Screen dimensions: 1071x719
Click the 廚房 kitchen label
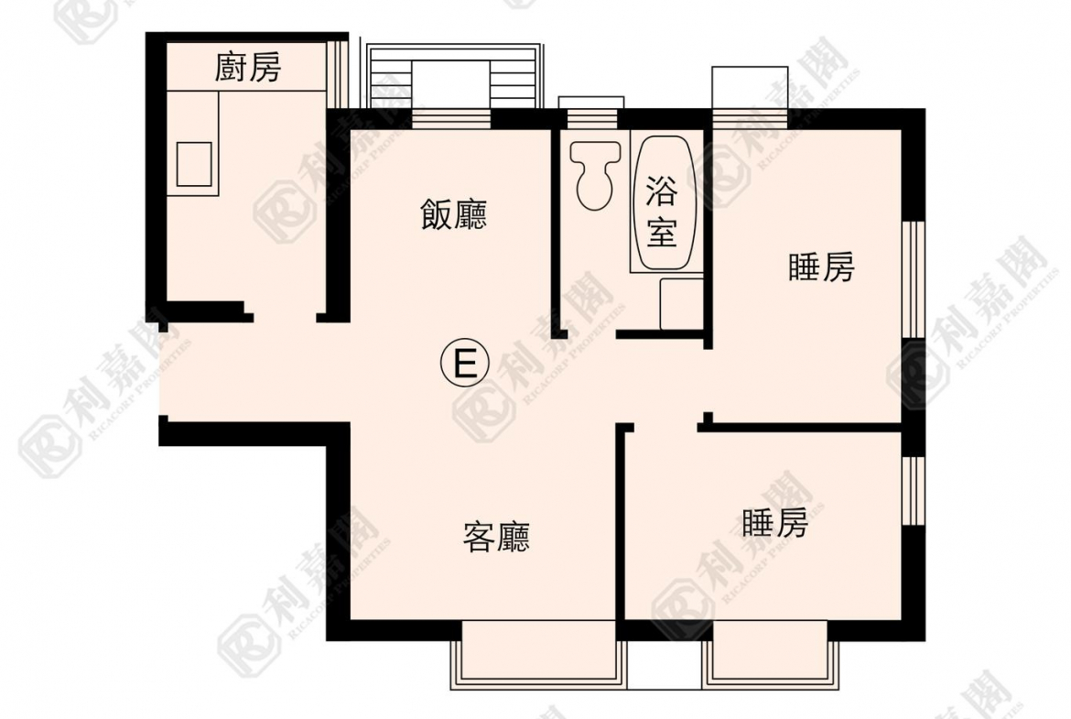tap(248, 68)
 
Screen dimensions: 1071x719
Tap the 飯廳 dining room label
tap(453, 214)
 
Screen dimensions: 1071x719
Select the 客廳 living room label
tap(496, 537)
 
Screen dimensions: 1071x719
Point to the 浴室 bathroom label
tap(662, 210)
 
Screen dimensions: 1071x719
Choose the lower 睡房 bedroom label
tap(774, 523)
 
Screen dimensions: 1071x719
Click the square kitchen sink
tap(194, 163)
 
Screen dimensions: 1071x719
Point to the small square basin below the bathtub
tap(682, 303)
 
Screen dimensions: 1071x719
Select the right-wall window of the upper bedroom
tap(914, 278)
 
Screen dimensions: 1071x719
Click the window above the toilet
tap(591, 113)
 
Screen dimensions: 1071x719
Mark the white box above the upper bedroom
tap(750, 88)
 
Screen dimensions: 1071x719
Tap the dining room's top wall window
tap(451, 119)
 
